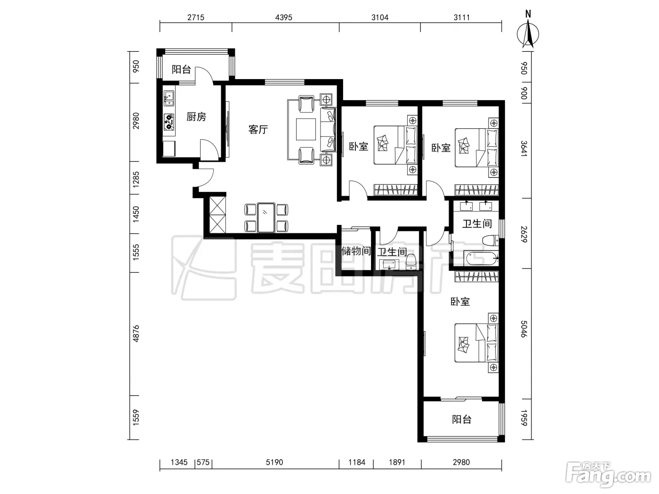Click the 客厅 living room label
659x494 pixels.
(258, 129)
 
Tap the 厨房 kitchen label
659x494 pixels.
(196, 117)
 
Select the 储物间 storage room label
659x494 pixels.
(356, 251)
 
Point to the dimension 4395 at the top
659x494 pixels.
(284, 17)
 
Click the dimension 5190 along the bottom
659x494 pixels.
(274, 462)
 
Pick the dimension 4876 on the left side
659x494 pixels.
(136, 334)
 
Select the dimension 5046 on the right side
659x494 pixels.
(523, 329)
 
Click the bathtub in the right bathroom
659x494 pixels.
(481, 259)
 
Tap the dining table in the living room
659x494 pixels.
(266, 218)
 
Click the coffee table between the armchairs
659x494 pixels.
(306, 129)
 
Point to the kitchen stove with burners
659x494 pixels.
(169, 121)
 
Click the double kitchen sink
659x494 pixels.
(169, 98)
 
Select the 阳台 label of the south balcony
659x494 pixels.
(462, 419)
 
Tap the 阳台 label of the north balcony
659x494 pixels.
(181, 69)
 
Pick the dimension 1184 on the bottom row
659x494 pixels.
(357, 462)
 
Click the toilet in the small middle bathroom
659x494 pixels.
(411, 262)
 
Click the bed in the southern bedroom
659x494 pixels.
(476, 343)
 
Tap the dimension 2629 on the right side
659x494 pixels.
(523, 234)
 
